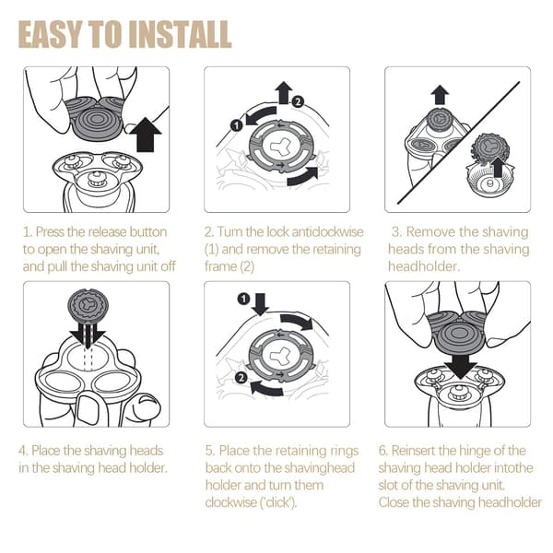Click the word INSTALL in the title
(180, 34)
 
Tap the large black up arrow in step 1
(146, 135)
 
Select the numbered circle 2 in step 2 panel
(298, 102)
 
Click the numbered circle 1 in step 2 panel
(236, 124)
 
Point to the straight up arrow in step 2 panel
(284, 92)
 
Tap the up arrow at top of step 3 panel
(440, 95)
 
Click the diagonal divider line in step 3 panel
(458, 143)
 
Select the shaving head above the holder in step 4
(88, 306)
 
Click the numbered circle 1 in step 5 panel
(243, 299)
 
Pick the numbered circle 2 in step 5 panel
(241, 378)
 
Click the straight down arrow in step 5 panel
(260, 304)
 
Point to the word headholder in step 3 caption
(424, 266)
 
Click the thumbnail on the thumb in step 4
(86, 408)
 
